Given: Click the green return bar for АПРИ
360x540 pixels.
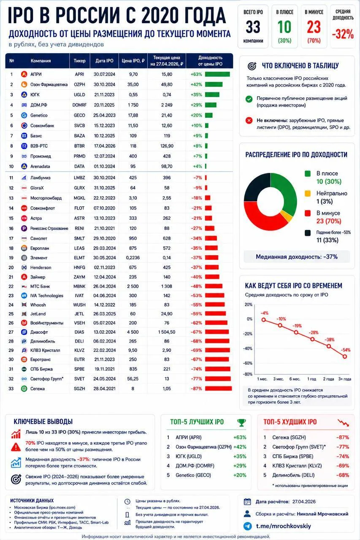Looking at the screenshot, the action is point(217,74).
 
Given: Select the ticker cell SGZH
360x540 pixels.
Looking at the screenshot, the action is point(79,389).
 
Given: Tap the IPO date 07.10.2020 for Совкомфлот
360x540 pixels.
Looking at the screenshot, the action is point(104,208).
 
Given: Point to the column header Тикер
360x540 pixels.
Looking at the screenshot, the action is point(80,61).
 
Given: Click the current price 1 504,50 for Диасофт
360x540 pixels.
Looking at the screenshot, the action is point(167,332).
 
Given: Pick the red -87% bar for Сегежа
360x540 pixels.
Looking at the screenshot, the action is point(219,389).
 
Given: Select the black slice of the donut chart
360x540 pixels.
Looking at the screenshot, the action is point(256,186).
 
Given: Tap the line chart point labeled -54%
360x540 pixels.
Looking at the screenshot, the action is point(345,356).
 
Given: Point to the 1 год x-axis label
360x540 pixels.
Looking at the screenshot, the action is point(311,379).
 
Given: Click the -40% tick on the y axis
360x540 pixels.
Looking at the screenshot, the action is point(248,348).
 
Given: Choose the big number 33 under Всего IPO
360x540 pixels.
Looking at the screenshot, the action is point(253,27).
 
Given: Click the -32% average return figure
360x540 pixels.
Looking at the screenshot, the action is point(343,34).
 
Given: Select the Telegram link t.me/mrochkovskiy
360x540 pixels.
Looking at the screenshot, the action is point(283,526).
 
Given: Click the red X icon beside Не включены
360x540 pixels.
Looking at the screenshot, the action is point(249,120).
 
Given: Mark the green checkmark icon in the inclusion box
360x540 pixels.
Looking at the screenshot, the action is point(249,99).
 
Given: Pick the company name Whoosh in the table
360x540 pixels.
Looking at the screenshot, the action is point(38,305).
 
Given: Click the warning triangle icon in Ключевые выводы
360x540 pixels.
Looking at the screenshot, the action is point(16,447).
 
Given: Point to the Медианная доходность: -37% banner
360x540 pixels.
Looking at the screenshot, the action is point(297,257).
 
